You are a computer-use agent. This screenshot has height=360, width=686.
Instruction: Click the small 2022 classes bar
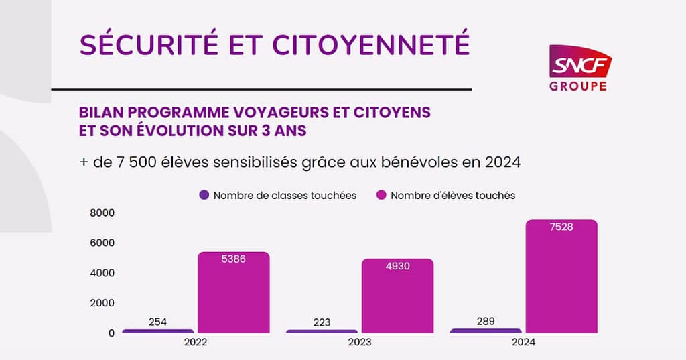[x=158, y=331]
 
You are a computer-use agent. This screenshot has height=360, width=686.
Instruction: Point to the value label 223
[x=322, y=322]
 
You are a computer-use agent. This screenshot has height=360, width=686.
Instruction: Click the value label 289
[x=486, y=321]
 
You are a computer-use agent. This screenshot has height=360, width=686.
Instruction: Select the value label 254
[x=158, y=322]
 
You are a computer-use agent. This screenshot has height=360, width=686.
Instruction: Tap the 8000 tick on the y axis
[x=102, y=213]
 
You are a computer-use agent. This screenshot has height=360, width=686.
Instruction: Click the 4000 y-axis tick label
[x=102, y=273]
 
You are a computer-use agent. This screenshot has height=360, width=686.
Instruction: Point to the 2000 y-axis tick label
[x=102, y=303]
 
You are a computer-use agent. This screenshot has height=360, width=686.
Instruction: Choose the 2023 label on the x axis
[x=359, y=342]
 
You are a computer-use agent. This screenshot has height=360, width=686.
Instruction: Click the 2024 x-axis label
[x=523, y=342]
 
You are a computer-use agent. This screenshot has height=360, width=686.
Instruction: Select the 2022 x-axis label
[x=195, y=342]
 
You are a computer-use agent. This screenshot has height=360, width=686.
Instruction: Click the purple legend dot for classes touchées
[x=204, y=196]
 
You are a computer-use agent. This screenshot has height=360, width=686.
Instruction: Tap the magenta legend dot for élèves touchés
[x=382, y=196]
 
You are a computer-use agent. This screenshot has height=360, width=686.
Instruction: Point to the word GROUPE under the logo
[x=577, y=86]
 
